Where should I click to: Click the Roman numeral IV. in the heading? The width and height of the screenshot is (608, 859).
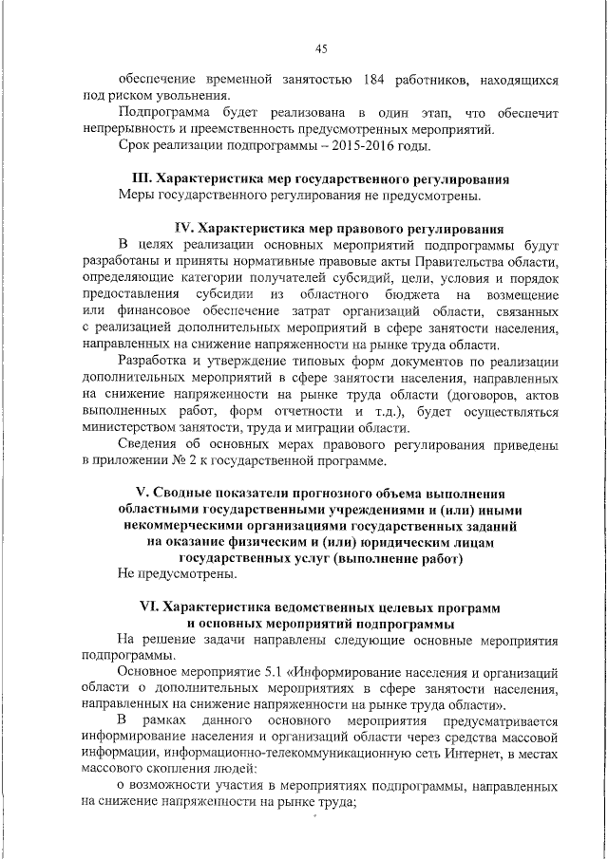[x=186, y=229]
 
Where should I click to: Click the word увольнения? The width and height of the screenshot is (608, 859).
[x=191, y=97]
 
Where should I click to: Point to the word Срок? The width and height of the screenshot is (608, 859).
[x=134, y=146]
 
